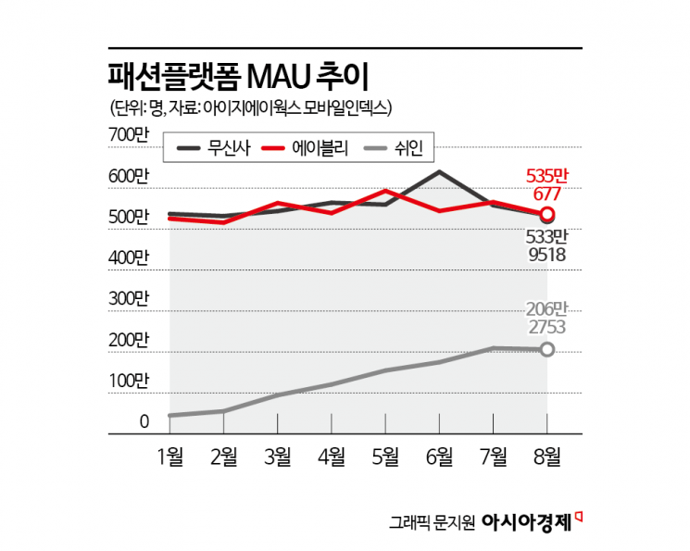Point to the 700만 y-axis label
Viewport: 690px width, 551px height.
pos(129,135)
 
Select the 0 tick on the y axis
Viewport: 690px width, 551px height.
pos(144,422)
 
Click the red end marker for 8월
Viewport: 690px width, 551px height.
pos(546,215)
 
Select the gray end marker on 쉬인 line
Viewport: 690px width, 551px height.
pos(546,349)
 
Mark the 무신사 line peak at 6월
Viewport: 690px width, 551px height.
pos(439,172)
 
